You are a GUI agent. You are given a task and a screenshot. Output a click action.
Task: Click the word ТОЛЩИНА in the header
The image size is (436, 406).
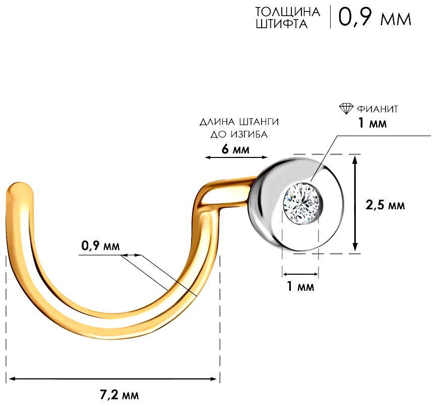[x=287, y=12]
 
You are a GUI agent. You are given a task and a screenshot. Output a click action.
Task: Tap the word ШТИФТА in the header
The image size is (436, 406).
[x=281, y=24]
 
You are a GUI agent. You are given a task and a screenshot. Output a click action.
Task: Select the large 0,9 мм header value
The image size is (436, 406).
[x=375, y=17]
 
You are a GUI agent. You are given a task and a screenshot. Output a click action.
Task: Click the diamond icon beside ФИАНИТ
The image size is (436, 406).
[x=346, y=109]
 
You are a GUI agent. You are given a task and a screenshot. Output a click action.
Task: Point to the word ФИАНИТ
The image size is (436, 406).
[x=378, y=109]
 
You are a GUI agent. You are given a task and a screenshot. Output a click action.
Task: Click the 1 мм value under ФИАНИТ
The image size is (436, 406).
[x=372, y=123]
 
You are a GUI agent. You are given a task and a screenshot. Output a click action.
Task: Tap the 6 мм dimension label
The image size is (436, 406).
[x=235, y=149]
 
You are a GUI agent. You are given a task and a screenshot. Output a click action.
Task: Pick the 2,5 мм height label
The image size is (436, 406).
[x=385, y=205]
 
